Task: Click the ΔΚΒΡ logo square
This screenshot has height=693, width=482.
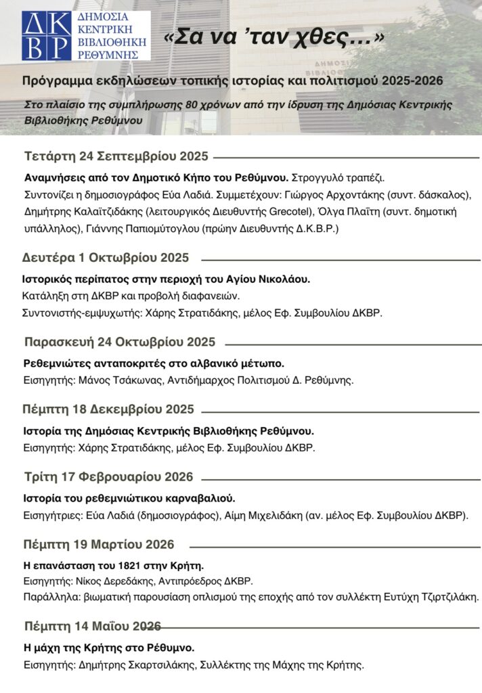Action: click(45, 35)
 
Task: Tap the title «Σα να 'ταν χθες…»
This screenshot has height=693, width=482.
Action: click(274, 38)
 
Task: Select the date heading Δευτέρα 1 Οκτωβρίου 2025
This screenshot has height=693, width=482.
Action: click(105, 258)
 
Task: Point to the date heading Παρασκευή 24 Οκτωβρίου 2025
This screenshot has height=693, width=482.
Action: click(119, 342)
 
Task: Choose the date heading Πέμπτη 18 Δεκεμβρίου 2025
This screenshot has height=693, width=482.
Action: click(108, 409)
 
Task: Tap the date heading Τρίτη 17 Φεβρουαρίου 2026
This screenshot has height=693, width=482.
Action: click(108, 476)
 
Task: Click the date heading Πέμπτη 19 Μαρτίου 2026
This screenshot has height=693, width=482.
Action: click(99, 544)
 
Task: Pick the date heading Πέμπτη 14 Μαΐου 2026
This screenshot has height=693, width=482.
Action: click(92, 625)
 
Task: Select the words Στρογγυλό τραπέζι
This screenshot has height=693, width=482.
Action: click(337, 178)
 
